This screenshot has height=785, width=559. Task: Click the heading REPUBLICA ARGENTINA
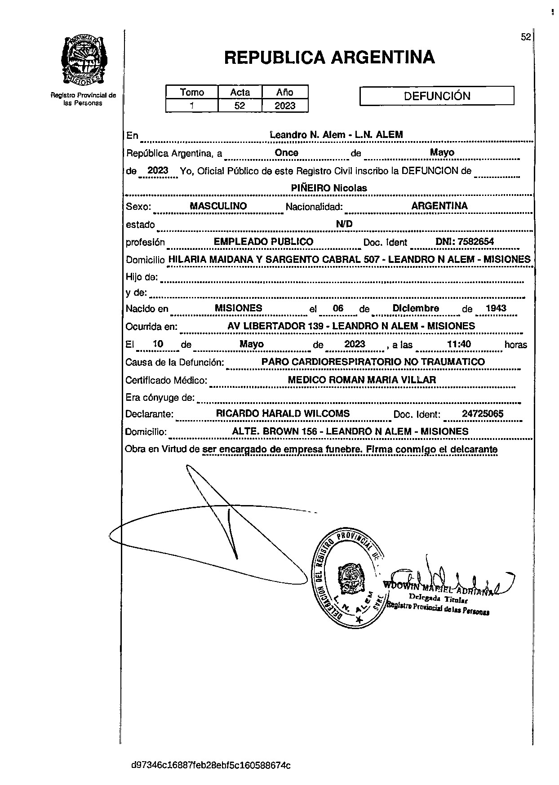click(x=329, y=58)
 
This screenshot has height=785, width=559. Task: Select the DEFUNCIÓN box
click(x=437, y=96)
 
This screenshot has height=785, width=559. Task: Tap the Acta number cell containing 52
click(x=240, y=106)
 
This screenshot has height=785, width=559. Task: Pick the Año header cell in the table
click(x=285, y=92)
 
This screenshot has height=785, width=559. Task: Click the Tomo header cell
click(x=192, y=92)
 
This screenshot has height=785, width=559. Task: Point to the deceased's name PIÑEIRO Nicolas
click(x=329, y=188)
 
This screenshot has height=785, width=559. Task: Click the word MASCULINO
click(x=218, y=206)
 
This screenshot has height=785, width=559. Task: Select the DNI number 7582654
click(x=465, y=242)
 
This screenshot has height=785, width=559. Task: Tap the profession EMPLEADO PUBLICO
click(x=263, y=242)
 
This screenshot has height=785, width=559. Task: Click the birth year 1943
click(x=496, y=308)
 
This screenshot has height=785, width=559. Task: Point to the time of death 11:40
click(x=459, y=344)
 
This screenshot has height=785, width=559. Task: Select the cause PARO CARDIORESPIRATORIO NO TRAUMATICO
click(x=373, y=362)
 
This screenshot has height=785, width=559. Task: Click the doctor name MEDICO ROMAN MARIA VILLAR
click(x=362, y=380)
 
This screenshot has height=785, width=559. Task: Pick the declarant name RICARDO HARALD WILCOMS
click(x=283, y=413)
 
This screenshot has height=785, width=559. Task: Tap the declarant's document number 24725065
click(x=483, y=414)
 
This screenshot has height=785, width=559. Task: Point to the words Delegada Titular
click(x=438, y=598)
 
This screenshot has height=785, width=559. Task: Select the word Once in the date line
click(x=287, y=153)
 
